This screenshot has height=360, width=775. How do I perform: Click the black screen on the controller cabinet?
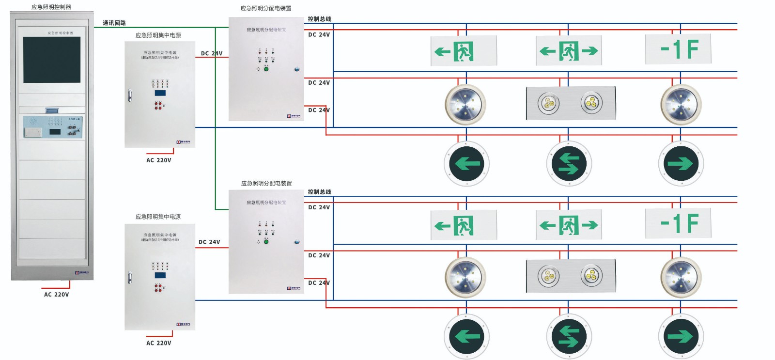(x=52, y=60)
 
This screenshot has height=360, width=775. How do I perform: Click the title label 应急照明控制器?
(x=51, y=7)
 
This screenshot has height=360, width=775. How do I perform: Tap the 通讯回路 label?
(x=114, y=23)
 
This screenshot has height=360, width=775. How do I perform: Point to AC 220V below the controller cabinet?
(x=57, y=295)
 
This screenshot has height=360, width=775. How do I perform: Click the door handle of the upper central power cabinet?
(x=129, y=95)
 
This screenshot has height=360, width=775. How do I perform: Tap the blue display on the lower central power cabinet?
(x=160, y=275)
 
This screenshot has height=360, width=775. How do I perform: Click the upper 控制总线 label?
(x=320, y=19)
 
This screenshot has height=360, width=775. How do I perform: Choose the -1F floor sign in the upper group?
(x=678, y=49)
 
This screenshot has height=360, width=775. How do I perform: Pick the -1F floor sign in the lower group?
(x=678, y=223)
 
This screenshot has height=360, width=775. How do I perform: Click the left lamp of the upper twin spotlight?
(x=548, y=103)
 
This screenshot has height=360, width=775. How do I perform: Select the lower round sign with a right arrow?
(x=681, y=336)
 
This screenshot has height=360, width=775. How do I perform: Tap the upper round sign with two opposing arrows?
(x=569, y=164)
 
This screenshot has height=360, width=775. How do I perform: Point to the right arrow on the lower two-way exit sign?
(x=589, y=225)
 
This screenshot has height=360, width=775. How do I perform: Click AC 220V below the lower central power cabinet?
(x=159, y=343)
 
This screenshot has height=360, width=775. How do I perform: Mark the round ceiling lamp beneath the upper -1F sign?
(x=681, y=105)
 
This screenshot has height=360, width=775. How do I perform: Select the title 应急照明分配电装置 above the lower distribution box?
(x=266, y=184)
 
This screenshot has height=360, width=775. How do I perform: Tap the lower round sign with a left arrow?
(x=466, y=336)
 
